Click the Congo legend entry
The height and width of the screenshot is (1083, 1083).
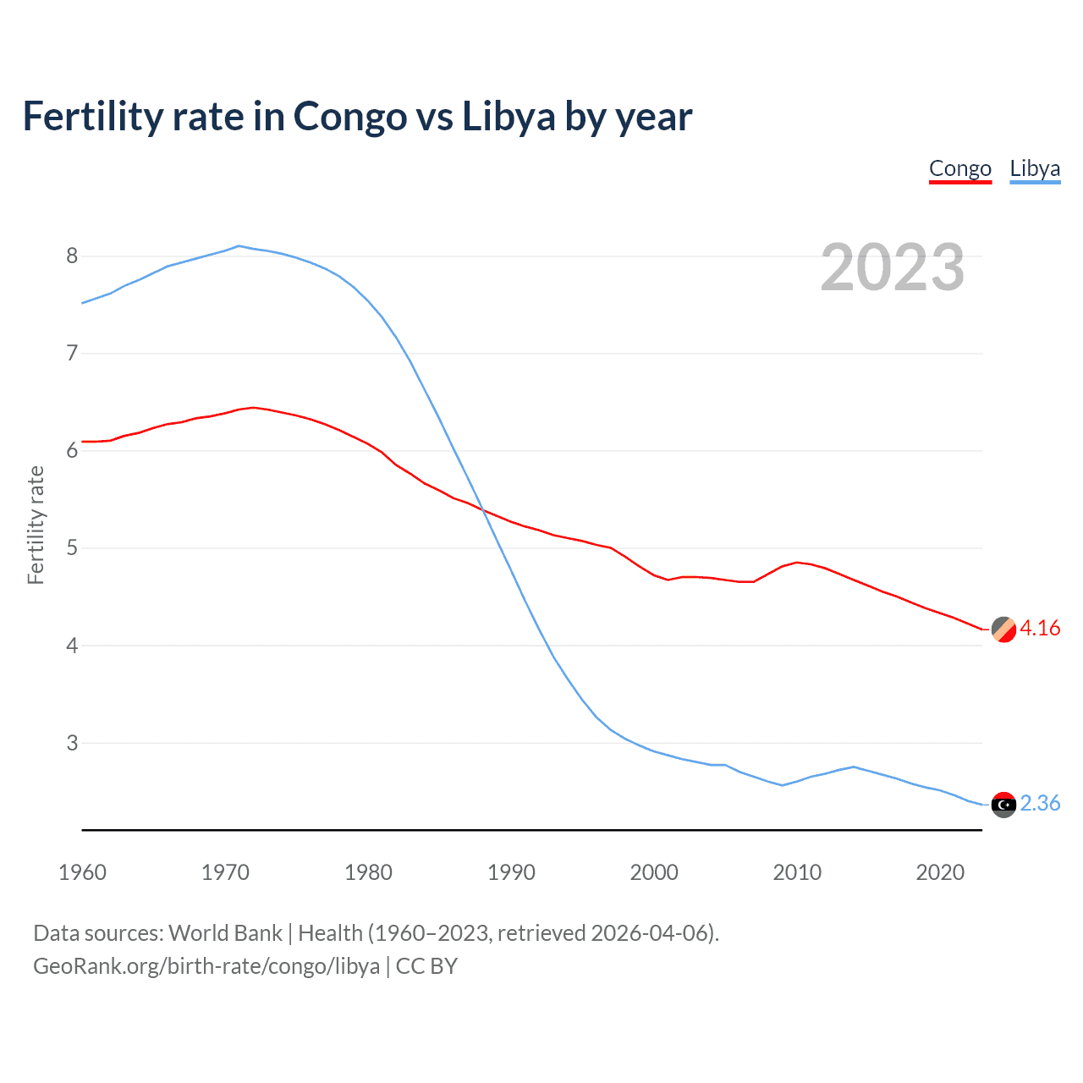pyautogui.click(x=959, y=169)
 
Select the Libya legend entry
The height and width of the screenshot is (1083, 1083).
pyautogui.click(x=1035, y=169)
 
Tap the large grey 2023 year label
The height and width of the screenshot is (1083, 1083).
pyautogui.click(x=892, y=267)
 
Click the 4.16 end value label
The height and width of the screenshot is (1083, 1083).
pyautogui.click(x=1040, y=629)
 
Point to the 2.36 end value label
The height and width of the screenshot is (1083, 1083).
pyautogui.click(x=1040, y=804)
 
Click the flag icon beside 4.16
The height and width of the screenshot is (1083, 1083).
pyautogui.click(x=1003, y=629)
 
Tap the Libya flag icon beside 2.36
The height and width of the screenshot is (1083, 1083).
pyautogui.click(x=1003, y=805)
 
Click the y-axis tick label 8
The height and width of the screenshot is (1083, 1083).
pyautogui.click(x=72, y=256)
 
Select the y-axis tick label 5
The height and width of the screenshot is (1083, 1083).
pyautogui.click(x=72, y=548)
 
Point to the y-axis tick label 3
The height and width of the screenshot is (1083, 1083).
pyautogui.click(x=72, y=743)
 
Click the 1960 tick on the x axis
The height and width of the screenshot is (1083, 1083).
pyautogui.click(x=82, y=872)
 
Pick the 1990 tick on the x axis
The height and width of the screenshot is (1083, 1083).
pyautogui.click(x=511, y=872)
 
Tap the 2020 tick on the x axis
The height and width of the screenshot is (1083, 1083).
pyautogui.click(x=940, y=872)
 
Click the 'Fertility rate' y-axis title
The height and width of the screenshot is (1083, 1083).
pyautogui.click(x=36, y=525)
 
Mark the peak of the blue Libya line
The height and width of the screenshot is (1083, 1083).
pyautogui.click(x=239, y=246)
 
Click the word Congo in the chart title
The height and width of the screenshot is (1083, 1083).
pyautogui.click(x=349, y=117)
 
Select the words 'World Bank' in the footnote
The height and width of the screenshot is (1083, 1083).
pyautogui.click(x=225, y=933)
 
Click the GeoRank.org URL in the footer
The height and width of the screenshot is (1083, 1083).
pyautogui.click(x=206, y=966)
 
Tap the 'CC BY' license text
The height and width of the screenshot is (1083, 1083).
pyautogui.click(x=426, y=966)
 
